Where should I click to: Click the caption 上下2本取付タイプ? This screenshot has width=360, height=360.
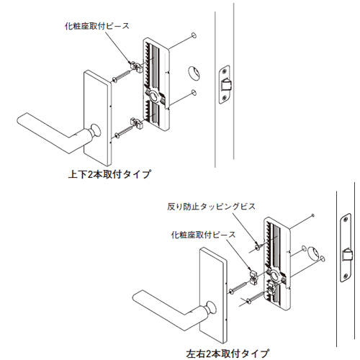[109, 174]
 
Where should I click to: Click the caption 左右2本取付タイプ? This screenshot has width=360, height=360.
[228, 354]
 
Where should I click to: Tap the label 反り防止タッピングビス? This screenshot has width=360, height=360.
[211, 207]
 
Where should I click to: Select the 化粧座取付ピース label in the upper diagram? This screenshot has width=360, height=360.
[96, 26]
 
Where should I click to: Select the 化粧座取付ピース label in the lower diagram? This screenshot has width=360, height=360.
[203, 235]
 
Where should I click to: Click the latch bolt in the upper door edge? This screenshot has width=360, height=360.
[226, 86]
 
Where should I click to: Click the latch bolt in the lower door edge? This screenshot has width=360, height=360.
[348, 255]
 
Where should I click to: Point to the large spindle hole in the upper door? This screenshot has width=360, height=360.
[194, 73]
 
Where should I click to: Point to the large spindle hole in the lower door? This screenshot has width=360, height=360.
[313, 253]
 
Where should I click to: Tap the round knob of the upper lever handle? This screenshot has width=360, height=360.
[95, 131]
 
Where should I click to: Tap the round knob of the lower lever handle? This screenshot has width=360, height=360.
[211, 307]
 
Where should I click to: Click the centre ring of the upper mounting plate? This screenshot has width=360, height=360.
[153, 96]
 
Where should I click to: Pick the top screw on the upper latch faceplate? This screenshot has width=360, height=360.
[224, 71]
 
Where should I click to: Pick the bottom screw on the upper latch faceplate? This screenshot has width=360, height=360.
[224, 98]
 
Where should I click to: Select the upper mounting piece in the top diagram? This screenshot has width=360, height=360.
[136, 67]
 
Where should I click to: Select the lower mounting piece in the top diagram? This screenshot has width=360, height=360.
[137, 123]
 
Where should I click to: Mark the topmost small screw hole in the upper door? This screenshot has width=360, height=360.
[194, 35]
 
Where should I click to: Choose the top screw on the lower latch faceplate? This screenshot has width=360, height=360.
[346, 219]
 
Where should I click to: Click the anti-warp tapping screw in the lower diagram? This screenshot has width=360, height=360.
[258, 246]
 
